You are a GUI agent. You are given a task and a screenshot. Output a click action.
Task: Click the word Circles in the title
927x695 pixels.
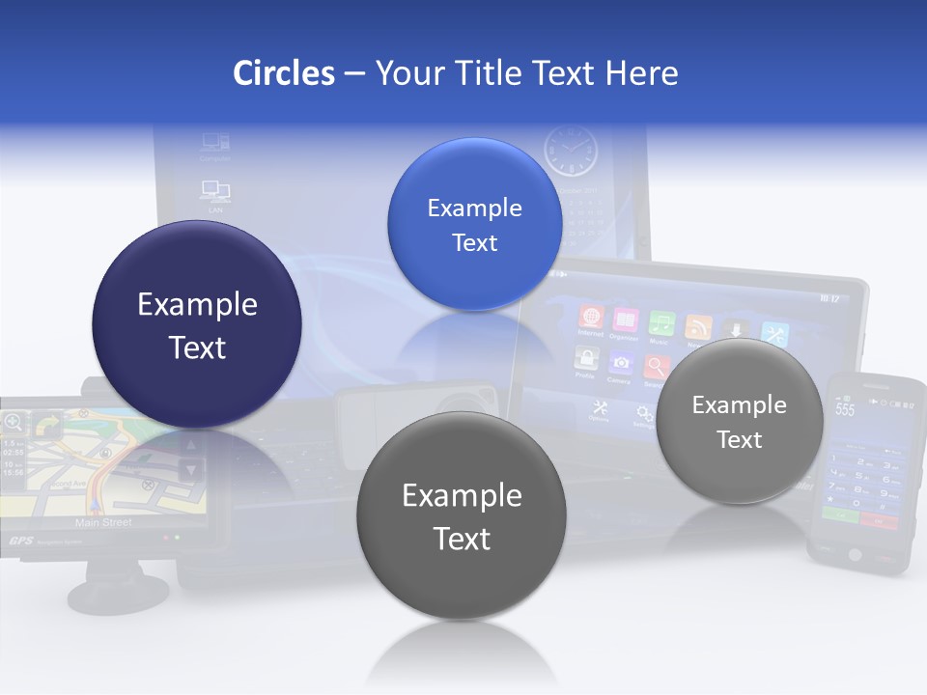[283, 73]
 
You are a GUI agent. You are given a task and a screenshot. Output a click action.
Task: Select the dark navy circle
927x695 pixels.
[197, 325]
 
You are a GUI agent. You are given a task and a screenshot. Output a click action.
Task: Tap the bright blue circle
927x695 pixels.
[474, 225]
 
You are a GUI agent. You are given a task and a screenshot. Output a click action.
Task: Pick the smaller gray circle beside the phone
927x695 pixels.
[739, 422]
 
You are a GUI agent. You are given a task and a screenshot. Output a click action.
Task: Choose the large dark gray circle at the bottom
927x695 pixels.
[462, 515]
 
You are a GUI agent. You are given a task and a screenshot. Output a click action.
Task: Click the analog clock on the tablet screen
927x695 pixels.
[570, 151]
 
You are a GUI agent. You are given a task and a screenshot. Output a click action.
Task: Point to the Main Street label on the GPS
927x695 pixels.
[103, 522]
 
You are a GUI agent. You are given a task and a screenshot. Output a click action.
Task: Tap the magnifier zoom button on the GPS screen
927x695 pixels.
[14, 422]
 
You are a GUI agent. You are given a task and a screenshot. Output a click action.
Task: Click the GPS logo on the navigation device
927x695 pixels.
[20, 542]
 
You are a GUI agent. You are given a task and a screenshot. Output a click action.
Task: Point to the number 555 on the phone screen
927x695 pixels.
[845, 409]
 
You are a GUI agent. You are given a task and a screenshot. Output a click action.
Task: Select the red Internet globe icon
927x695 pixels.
[591, 318]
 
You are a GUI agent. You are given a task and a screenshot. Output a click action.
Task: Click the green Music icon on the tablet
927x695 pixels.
[660, 322]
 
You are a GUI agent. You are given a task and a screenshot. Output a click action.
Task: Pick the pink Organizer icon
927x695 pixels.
[626, 320]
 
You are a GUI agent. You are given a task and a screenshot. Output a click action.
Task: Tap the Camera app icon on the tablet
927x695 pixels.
[621, 362]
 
